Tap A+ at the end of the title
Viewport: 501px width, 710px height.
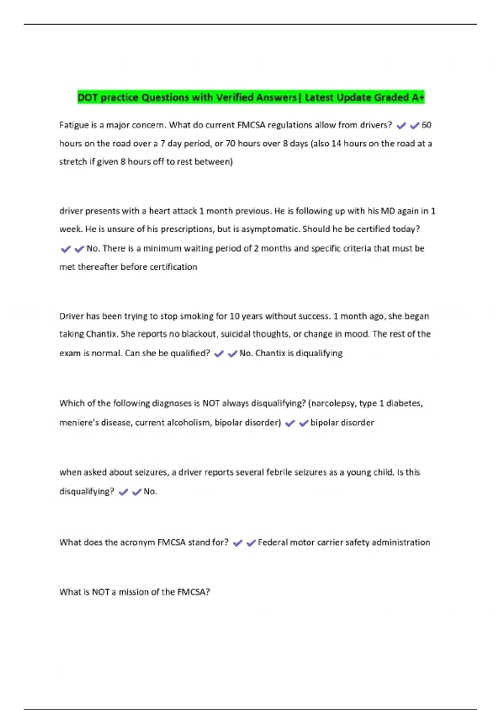(418, 97)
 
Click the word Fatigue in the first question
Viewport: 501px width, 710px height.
(74, 125)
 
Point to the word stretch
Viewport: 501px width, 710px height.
(73, 162)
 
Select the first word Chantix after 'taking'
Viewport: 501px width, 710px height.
(102, 334)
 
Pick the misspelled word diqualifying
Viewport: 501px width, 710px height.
(319, 353)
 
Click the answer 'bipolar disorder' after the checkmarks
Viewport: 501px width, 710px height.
(342, 423)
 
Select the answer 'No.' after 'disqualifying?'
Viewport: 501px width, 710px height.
(150, 492)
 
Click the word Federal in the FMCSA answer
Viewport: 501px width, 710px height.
(273, 542)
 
